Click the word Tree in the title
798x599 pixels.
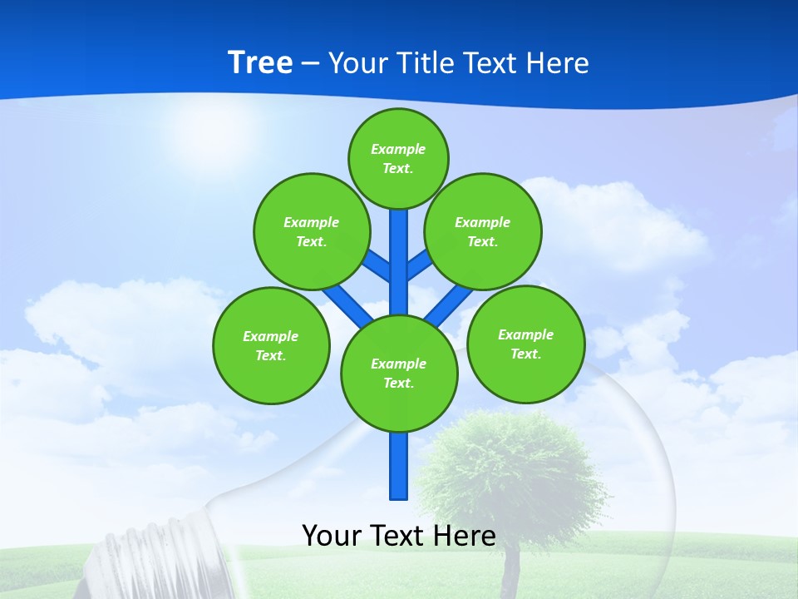[260, 62]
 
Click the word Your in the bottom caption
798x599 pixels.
[332, 536]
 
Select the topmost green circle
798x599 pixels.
[398, 158]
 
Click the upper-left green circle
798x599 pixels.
[312, 231]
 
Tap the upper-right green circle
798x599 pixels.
[483, 231]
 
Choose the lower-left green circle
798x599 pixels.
[271, 345]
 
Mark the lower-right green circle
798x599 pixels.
[525, 344]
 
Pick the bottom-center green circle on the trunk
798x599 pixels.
[399, 373]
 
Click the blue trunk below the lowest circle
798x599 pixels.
[399, 466]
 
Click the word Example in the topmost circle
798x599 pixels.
[398, 149]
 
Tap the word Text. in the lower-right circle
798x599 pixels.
[525, 354]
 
